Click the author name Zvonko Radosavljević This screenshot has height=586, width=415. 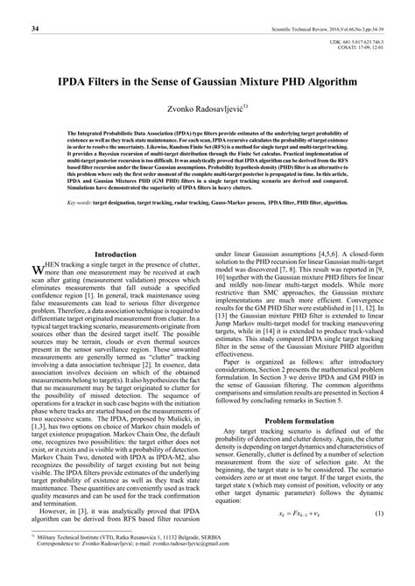(x=204, y=108)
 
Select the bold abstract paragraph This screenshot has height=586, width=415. (x=207, y=175)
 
